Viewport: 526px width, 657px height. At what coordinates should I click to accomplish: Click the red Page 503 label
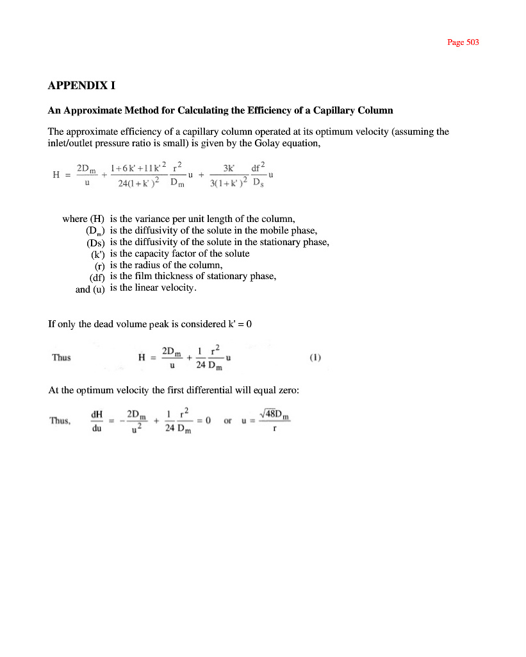[463, 42]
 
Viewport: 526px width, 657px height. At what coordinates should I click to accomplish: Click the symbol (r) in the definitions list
[99, 266]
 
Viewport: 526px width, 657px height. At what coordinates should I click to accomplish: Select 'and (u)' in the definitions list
[90, 289]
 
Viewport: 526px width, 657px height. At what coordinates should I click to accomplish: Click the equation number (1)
[315, 357]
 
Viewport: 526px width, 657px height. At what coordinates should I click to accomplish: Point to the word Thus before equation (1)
[61, 357]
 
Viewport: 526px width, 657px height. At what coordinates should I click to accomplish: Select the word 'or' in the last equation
[227, 421]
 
